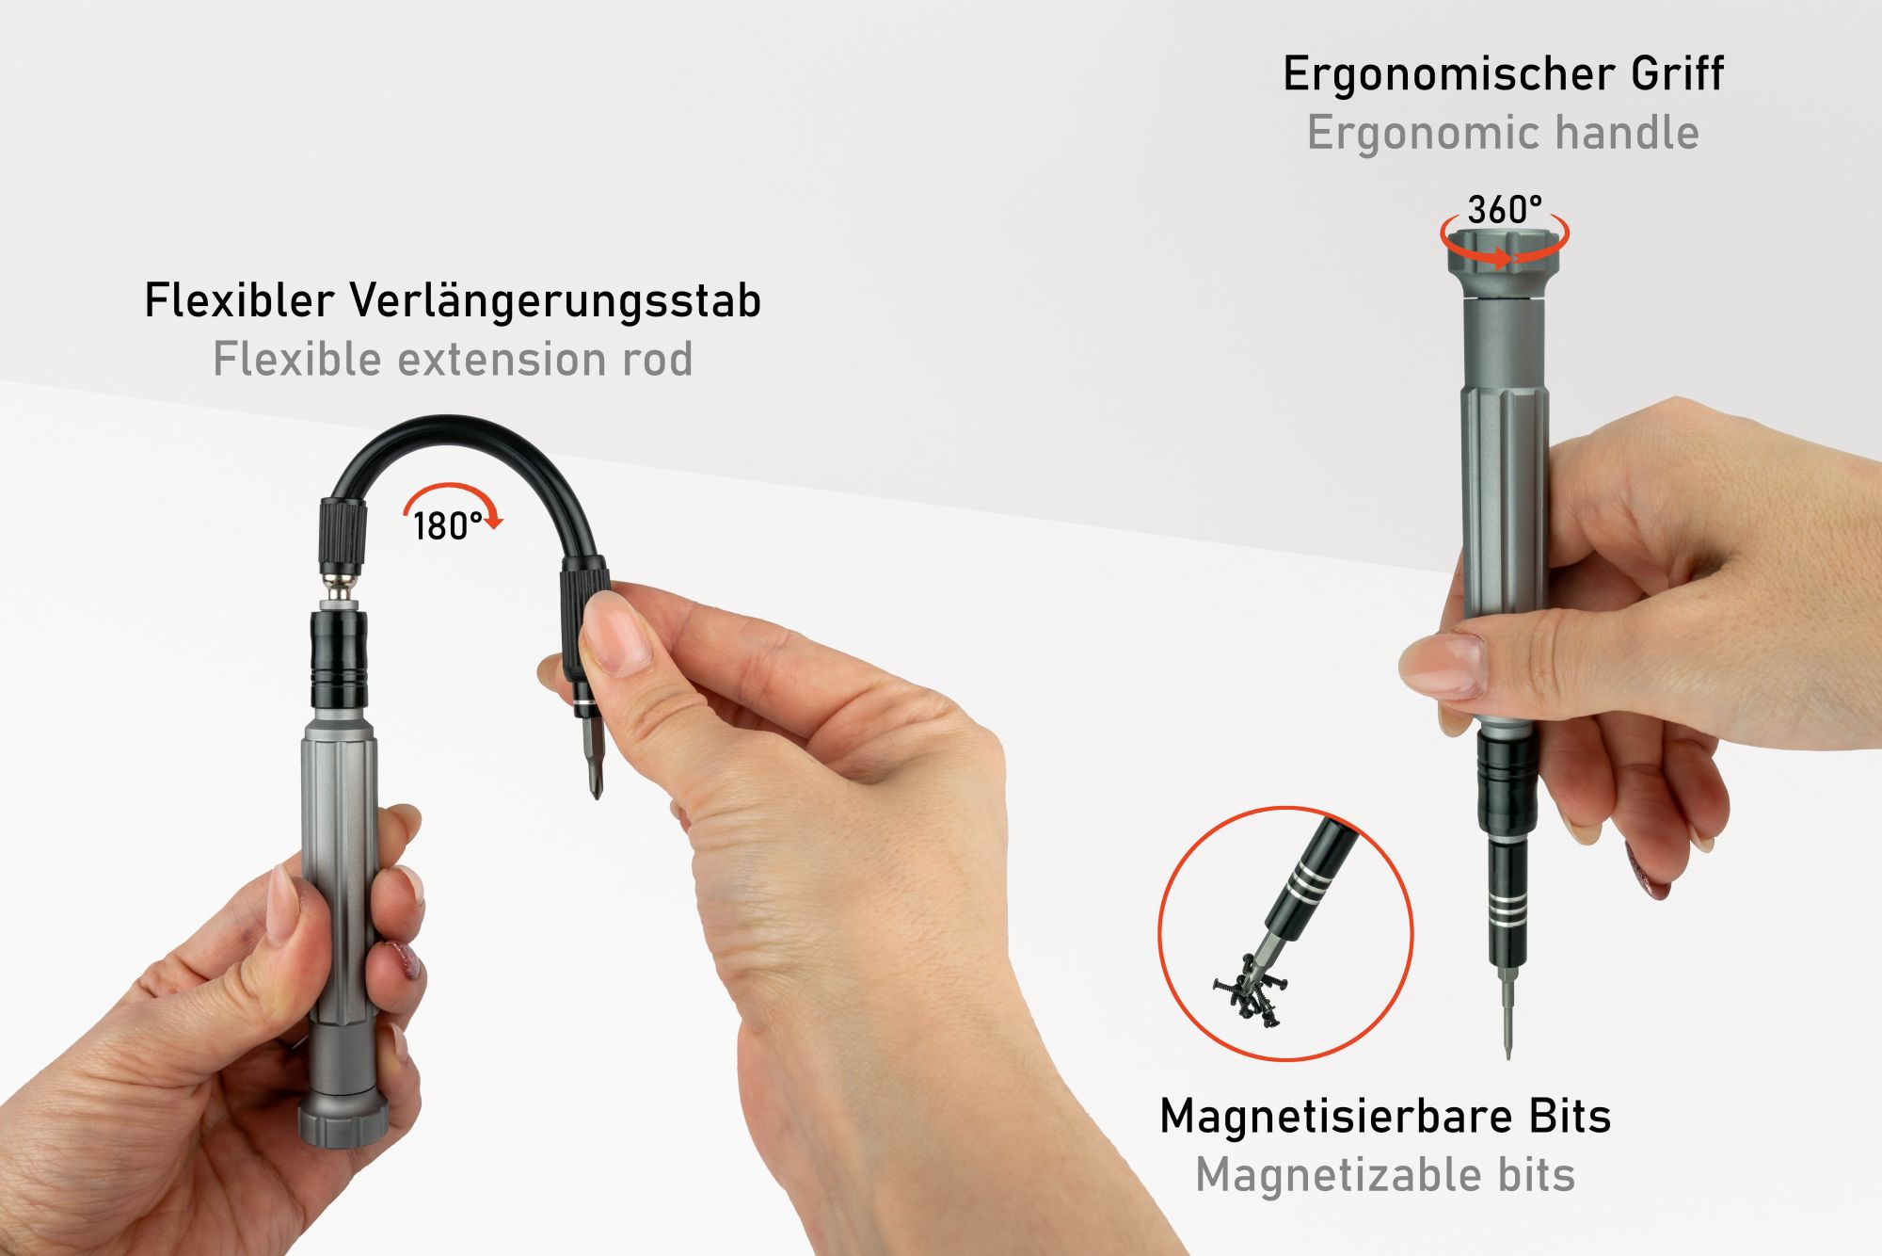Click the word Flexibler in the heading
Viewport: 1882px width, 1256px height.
pos(239,301)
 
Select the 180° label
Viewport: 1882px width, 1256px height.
pos(447,526)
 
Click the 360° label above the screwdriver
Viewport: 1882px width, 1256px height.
pos(1505,209)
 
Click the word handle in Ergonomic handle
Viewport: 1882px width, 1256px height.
pos(1626,133)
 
